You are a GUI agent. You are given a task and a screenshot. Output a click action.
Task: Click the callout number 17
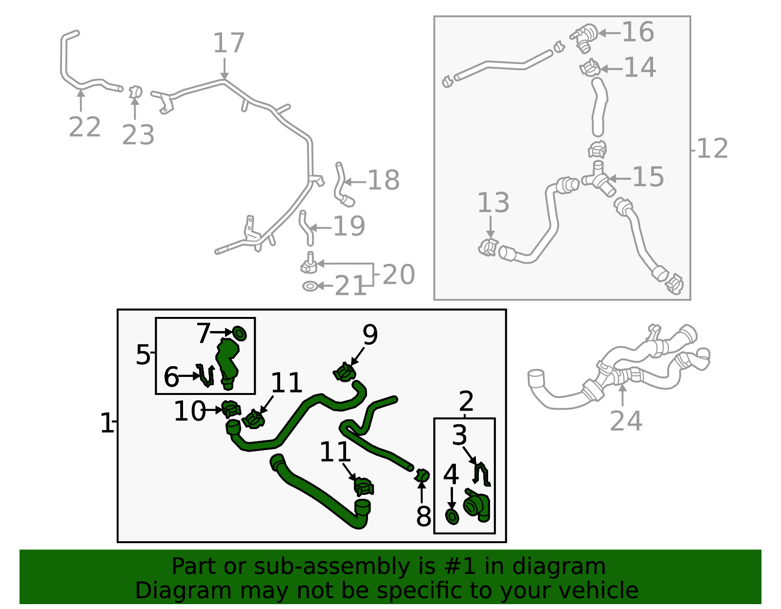[x=228, y=43]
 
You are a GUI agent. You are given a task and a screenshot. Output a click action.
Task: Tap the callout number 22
[x=84, y=127]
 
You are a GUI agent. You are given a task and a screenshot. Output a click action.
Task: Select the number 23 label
[x=138, y=135]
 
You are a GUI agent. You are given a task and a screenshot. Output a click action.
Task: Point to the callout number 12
[x=712, y=149]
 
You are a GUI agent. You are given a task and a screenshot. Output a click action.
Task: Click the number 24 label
[x=626, y=421]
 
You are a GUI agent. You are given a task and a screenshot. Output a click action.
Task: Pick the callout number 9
[x=370, y=334]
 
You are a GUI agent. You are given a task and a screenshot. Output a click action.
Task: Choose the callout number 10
[x=190, y=411]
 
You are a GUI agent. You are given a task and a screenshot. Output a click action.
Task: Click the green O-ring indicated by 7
[x=239, y=334]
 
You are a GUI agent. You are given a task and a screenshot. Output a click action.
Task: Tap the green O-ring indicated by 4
[x=452, y=517]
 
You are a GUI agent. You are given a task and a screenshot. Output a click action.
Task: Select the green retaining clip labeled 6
[x=206, y=375]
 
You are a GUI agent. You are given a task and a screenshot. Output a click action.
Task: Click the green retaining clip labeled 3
[x=482, y=474]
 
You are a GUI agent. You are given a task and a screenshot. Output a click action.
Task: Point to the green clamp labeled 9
[x=344, y=372]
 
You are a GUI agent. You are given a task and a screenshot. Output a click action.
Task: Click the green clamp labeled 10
[x=231, y=409]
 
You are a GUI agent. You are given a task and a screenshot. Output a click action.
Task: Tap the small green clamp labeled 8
[x=422, y=476]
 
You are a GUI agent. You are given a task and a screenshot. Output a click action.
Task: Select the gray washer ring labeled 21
[x=310, y=286]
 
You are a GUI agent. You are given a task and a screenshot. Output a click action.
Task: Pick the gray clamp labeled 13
[x=488, y=247]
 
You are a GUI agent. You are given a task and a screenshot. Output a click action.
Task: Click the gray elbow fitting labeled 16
[x=584, y=38]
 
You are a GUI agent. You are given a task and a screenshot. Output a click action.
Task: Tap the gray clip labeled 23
[x=136, y=92]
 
